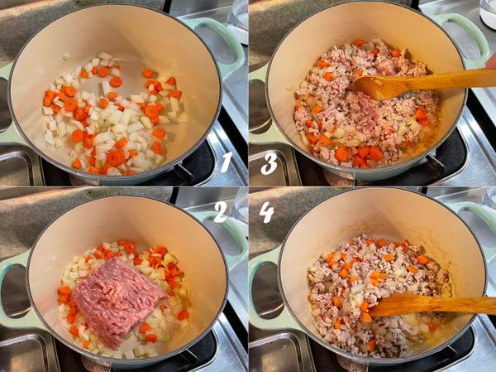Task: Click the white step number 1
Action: click(226, 162)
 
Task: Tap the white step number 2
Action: click(221, 212)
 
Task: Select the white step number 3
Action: click(269, 163)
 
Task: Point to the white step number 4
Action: click(266, 212)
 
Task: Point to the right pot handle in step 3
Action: click(469, 38)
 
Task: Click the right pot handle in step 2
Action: click(227, 234)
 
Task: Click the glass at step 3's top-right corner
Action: click(488, 10)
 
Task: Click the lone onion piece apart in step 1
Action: click(66, 56)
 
